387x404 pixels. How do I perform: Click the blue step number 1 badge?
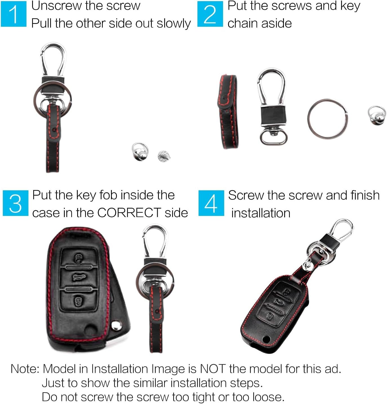pyautogui.click(x=14, y=14)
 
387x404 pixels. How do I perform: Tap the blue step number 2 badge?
pyautogui.click(x=210, y=14)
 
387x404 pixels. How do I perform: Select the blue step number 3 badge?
pyautogui.click(x=15, y=203)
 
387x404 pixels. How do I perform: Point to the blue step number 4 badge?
pyautogui.click(x=211, y=203)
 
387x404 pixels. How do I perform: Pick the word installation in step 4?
pyautogui.click(x=261, y=213)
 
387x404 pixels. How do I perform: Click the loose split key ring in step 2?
pyautogui.click(x=327, y=119)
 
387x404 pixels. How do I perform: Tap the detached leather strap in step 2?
pyautogui.click(x=228, y=111)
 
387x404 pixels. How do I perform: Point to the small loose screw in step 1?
pyautogui.click(x=164, y=156)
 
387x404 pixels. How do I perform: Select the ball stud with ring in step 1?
pyautogui.click(x=140, y=151)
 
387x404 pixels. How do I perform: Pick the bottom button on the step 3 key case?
pyautogui.click(x=78, y=301)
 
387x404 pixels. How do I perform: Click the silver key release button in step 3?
pyautogui.click(x=116, y=326)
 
